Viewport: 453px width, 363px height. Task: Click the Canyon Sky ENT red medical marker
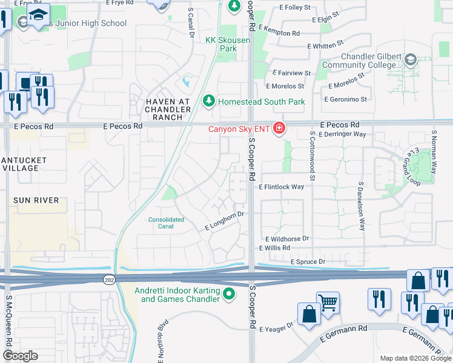(x=279, y=128)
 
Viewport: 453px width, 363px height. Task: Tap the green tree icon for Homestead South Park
(x=210, y=101)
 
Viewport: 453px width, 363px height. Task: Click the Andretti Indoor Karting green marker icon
(x=228, y=295)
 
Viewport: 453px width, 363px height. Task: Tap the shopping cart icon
(x=328, y=302)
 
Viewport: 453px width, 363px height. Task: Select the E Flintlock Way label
(x=281, y=187)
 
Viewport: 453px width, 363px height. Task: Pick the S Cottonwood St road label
(x=312, y=156)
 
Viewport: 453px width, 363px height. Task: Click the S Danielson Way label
(x=362, y=206)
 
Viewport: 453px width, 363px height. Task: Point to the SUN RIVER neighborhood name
(x=38, y=200)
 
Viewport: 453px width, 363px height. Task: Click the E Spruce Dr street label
(x=308, y=261)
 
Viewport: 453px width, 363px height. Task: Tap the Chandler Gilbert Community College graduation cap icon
(x=411, y=60)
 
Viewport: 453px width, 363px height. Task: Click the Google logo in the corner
(x=20, y=355)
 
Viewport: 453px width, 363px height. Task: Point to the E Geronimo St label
(x=346, y=99)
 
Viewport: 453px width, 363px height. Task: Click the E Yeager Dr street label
(x=277, y=327)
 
